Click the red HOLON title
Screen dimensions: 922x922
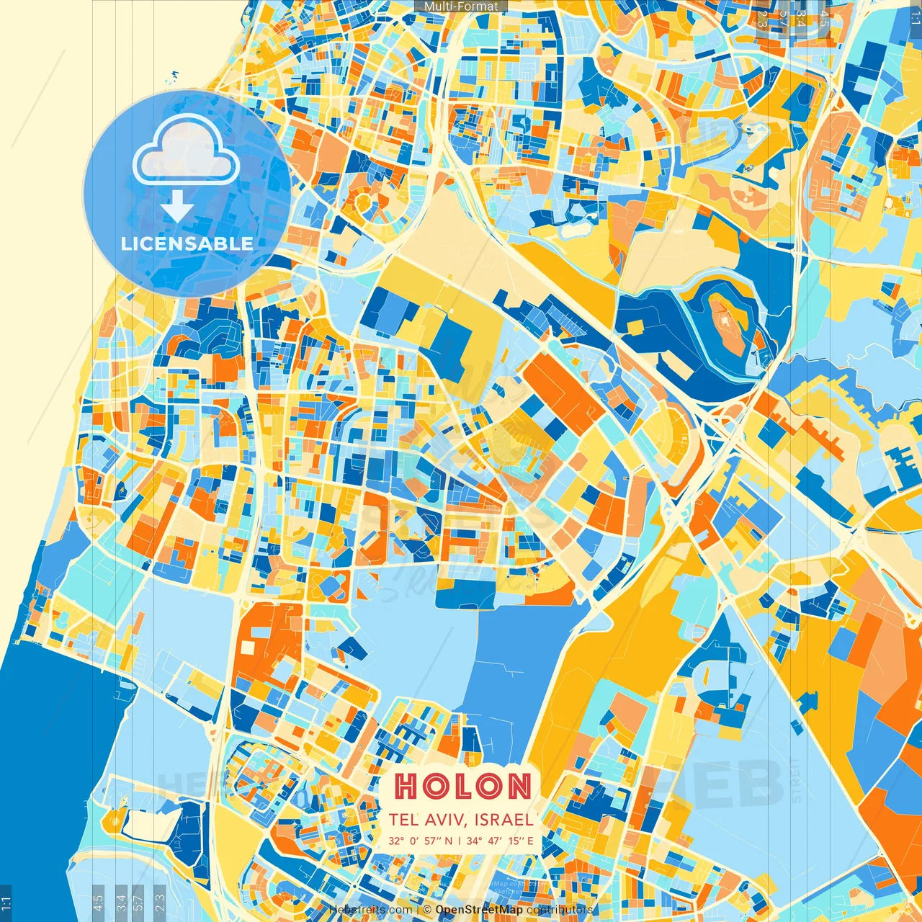(x=462, y=786)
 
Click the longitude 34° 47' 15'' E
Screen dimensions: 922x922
(x=500, y=841)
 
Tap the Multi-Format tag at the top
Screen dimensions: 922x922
(x=461, y=6)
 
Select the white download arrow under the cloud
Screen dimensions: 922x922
(x=177, y=207)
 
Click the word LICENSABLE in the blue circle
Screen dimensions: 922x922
(x=187, y=243)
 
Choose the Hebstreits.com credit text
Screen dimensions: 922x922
(x=370, y=910)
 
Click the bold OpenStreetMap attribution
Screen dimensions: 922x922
(x=479, y=910)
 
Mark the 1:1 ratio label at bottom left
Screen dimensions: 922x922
(x=6, y=903)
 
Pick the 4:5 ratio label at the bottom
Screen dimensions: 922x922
(x=99, y=903)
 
